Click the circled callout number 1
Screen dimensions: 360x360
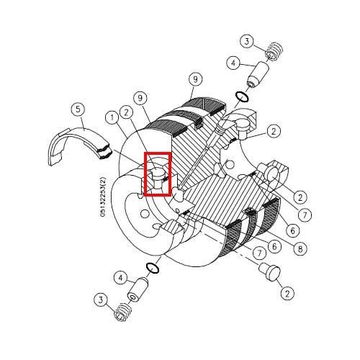[112, 117]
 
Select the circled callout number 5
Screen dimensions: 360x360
[78, 109]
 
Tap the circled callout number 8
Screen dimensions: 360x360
[300, 249]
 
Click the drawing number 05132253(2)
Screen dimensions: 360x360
[103, 197]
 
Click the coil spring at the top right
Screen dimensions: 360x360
[275, 51]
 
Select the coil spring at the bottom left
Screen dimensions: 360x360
[122, 312]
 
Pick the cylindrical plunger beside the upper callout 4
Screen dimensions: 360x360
[258, 75]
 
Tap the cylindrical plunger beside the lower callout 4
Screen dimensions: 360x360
[138, 289]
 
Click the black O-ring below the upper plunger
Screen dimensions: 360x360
[242, 97]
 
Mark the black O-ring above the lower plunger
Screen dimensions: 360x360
[152, 268]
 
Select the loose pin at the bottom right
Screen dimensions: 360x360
[270, 272]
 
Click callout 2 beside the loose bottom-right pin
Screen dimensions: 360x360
[287, 293]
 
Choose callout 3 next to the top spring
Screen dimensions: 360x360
[247, 42]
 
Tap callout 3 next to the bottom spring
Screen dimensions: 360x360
[100, 300]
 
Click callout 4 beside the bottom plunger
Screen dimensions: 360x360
[120, 278]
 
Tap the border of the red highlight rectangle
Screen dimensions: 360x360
[145, 174]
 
